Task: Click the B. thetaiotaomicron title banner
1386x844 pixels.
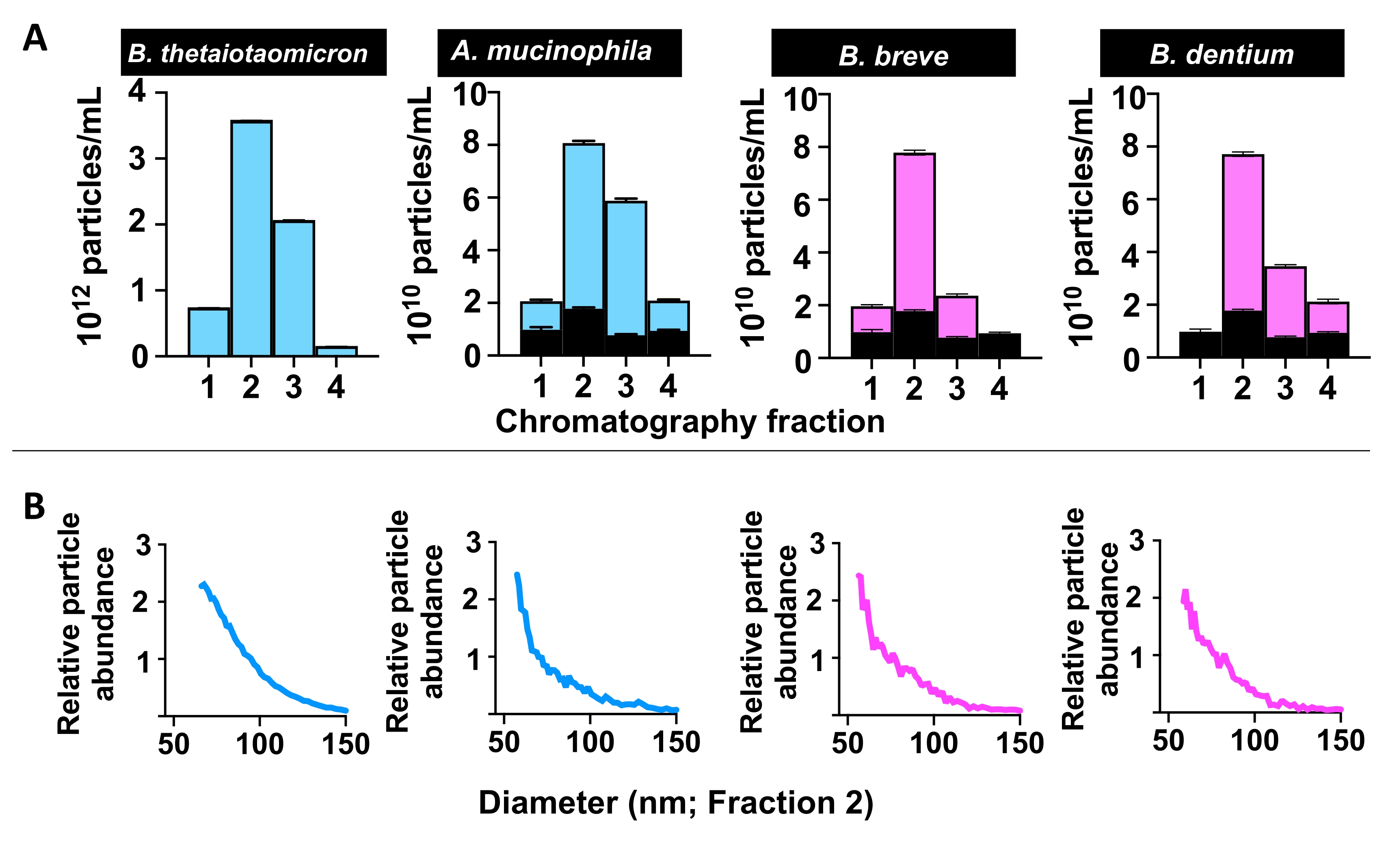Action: pyautogui.click(x=253, y=52)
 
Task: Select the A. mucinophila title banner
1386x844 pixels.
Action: pyautogui.click(x=559, y=52)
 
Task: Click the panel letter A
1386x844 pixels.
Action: pyautogui.click(x=35, y=38)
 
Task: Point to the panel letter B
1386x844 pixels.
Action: pyautogui.click(x=34, y=506)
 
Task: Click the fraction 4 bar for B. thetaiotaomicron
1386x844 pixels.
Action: pyautogui.click(x=336, y=351)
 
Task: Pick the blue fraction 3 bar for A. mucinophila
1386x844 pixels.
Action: pyautogui.click(x=625, y=264)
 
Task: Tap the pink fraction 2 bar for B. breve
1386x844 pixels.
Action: pyautogui.click(x=914, y=231)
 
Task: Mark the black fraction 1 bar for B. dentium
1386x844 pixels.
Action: pyautogui.click(x=1200, y=344)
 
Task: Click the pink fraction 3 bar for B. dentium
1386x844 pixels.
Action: pyautogui.click(x=1285, y=301)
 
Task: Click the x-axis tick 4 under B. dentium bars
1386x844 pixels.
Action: pyautogui.click(x=1328, y=388)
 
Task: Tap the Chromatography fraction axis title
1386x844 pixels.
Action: pyautogui.click(x=690, y=422)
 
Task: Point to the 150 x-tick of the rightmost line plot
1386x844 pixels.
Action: pyautogui.click(x=1341, y=740)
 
